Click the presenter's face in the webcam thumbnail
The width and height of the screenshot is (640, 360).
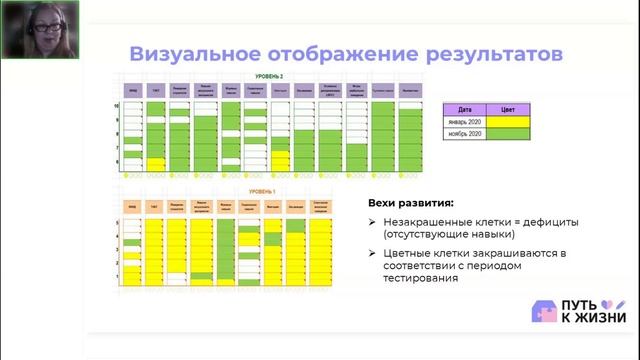24,25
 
